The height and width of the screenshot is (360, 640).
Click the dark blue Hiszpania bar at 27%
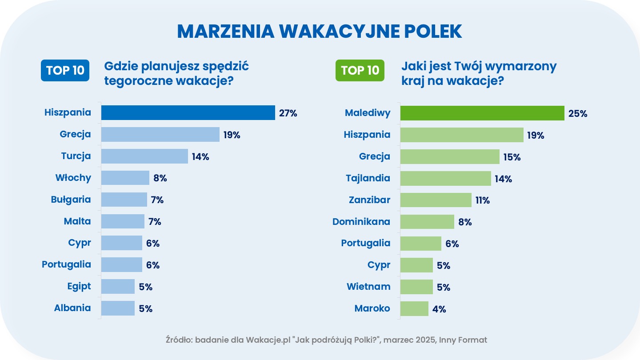click(x=188, y=113)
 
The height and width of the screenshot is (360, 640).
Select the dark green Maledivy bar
click(x=482, y=113)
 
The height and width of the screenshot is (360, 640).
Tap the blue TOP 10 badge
click(x=65, y=71)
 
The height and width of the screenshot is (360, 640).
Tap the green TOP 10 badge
click(x=360, y=71)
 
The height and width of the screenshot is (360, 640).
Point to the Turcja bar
click(x=144, y=156)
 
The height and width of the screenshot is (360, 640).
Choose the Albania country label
click(x=72, y=308)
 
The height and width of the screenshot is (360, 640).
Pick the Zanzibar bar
click(x=436, y=200)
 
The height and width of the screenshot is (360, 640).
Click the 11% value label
click(x=483, y=200)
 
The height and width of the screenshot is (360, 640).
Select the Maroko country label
click(x=372, y=308)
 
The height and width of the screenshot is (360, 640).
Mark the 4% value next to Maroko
click(x=439, y=309)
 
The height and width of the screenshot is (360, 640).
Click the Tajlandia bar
click(x=445, y=178)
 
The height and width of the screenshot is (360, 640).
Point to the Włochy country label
click(x=73, y=178)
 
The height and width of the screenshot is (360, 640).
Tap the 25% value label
click(x=578, y=113)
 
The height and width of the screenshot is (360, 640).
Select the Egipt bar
click(x=118, y=287)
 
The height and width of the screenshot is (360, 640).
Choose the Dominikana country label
click(x=361, y=221)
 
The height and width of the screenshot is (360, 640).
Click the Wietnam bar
click(x=416, y=287)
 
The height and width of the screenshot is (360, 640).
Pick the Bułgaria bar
click(x=124, y=200)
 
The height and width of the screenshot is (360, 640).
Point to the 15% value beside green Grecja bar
click(x=512, y=157)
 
